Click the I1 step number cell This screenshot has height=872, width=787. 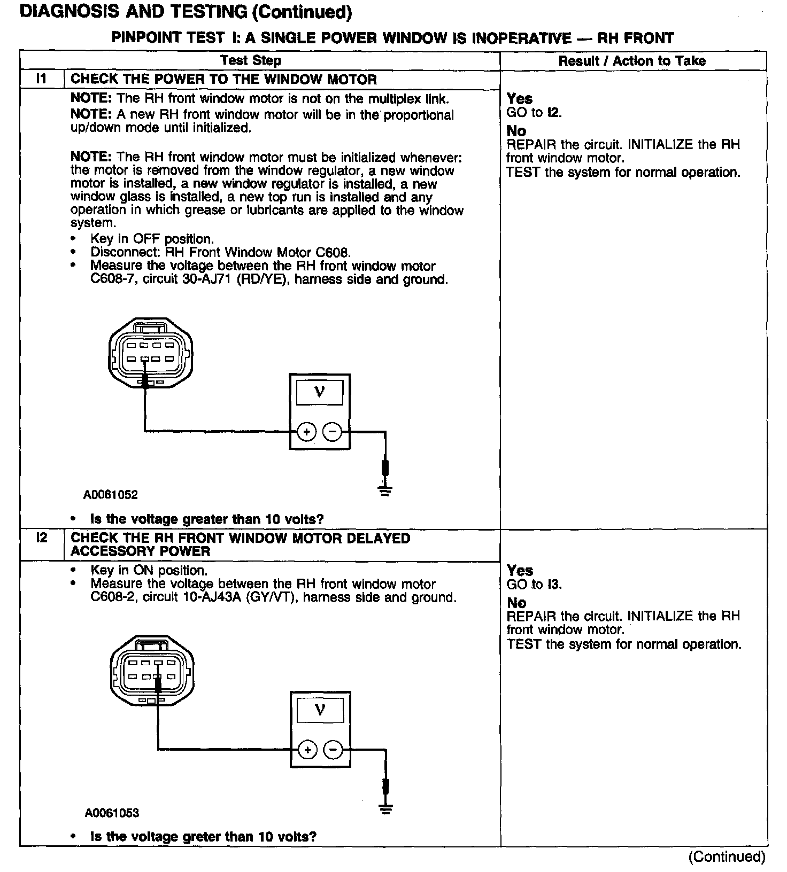[x=41, y=79]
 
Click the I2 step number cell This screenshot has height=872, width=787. [x=41, y=538]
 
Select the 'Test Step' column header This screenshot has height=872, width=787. [x=251, y=60]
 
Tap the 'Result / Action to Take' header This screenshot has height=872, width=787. [x=632, y=61]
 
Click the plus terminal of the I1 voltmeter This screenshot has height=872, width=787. [x=306, y=432]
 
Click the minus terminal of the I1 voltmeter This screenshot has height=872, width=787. [x=333, y=432]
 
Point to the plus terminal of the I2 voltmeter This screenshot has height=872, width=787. [x=307, y=750]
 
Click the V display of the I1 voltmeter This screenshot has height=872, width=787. [x=319, y=393]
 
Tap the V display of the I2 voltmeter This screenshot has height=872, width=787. [x=320, y=711]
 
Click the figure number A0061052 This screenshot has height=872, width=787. [x=111, y=495]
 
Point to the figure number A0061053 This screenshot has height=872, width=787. [x=112, y=813]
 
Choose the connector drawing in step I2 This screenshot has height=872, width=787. [x=152, y=671]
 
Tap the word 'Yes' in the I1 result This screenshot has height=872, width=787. [x=520, y=99]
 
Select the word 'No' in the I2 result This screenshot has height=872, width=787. [x=516, y=603]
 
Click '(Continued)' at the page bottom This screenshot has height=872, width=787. [x=727, y=857]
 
